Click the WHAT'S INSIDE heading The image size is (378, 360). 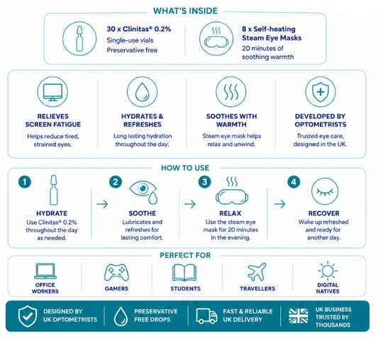point(185,11)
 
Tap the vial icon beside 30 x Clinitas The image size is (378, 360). point(79,38)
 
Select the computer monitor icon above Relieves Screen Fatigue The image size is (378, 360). point(52,92)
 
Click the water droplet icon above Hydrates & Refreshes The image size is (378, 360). point(143,92)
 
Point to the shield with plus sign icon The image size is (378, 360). point(321,92)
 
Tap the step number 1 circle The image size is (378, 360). point(25,181)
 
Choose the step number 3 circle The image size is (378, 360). point(204,182)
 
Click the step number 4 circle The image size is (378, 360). point(294,182)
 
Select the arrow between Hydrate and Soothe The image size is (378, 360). point(102,204)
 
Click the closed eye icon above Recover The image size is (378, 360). point(325,191)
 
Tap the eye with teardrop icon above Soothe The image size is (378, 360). point(143,192)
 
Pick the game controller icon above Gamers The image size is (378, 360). point(116,273)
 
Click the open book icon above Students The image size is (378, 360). point(184,273)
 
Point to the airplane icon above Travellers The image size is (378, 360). point(257,272)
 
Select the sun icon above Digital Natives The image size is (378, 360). point(328,271)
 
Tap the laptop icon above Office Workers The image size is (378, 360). point(45,271)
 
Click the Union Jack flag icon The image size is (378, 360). point(299,316)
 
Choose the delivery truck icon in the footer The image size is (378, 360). point(206,316)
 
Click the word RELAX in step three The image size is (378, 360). point(230,213)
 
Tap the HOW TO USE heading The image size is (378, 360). point(185,168)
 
